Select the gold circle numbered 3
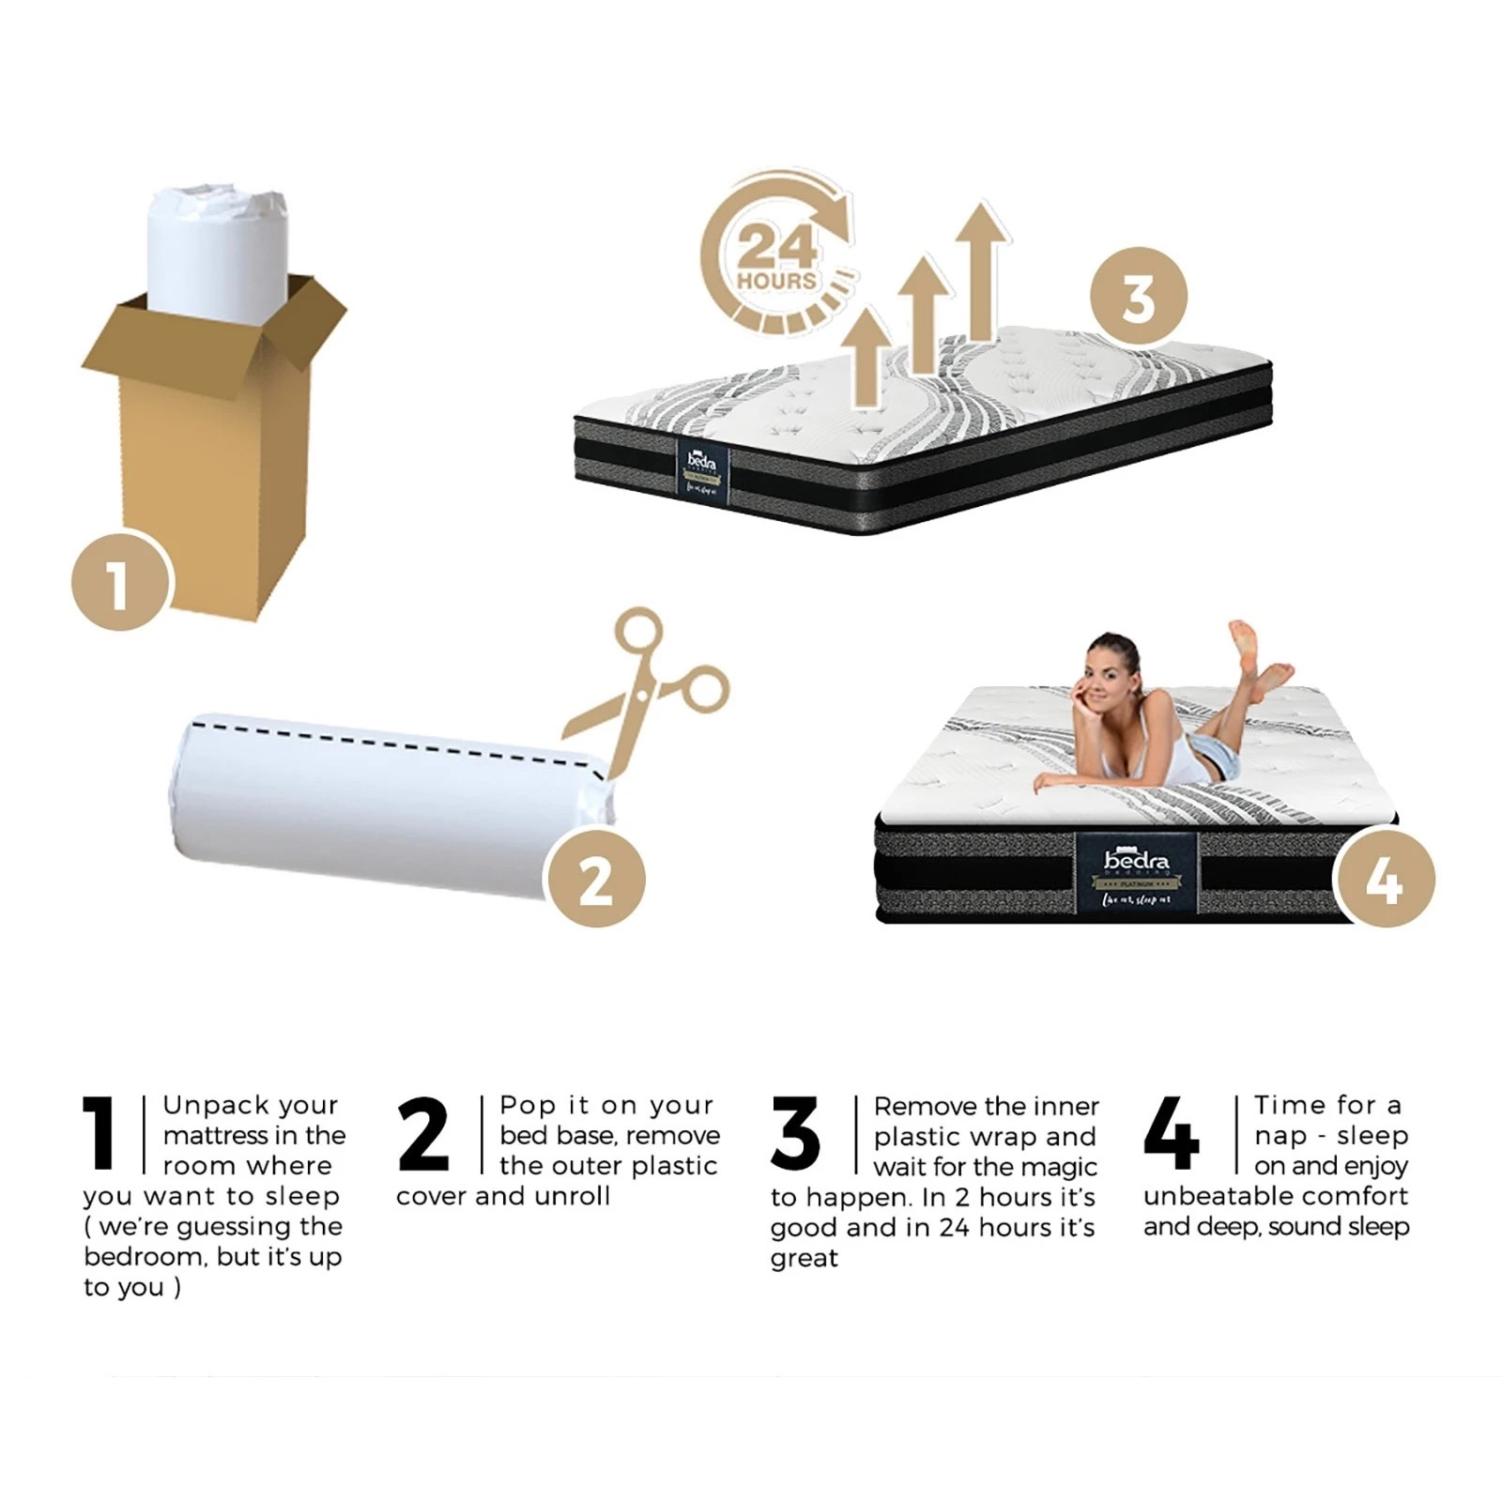pyautogui.click(x=1139, y=297)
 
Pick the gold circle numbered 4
pyautogui.click(x=1384, y=879)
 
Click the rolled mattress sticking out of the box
pyautogui.click(x=216, y=244)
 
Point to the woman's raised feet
pyautogui.click(x=1258, y=657)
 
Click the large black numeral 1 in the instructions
pyautogui.click(x=99, y=1133)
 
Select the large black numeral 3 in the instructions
pyautogui.click(x=795, y=1133)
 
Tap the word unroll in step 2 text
pyautogui.click(x=573, y=1196)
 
